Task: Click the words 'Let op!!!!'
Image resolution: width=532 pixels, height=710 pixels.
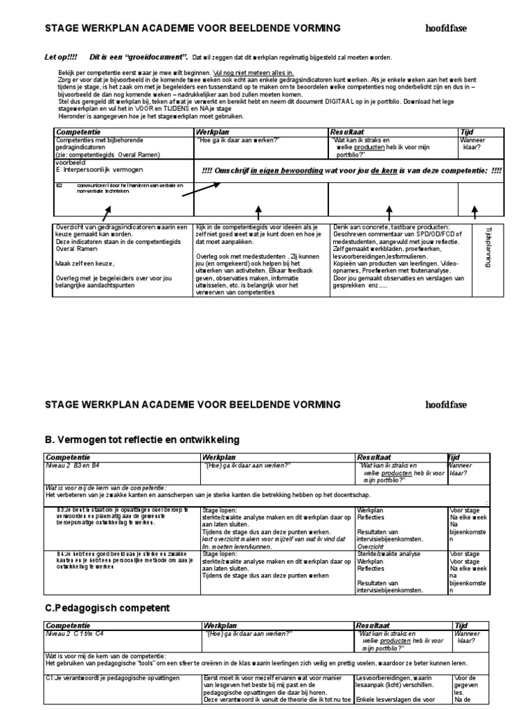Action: [x=60, y=58]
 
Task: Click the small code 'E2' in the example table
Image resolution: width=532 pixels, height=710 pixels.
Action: [x=60, y=186]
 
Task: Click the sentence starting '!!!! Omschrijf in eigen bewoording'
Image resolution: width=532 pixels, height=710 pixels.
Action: [x=351, y=171]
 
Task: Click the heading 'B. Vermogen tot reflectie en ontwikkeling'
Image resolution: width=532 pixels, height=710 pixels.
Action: [x=142, y=439]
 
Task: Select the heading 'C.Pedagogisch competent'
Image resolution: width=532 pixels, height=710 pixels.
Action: [x=107, y=608]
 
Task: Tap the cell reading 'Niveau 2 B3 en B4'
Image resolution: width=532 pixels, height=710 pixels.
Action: [x=73, y=467]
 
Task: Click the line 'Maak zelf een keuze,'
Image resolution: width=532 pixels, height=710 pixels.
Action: [x=84, y=263]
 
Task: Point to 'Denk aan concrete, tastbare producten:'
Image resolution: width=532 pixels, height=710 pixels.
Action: [x=391, y=227]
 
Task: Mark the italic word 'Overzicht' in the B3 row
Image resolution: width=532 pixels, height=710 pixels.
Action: [x=373, y=546]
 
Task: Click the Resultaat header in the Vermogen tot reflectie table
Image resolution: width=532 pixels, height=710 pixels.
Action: [x=375, y=458]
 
